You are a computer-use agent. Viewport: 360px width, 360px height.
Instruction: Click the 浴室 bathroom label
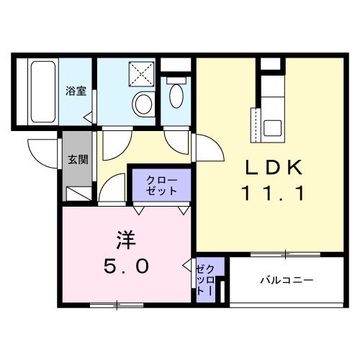[x=76, y=91]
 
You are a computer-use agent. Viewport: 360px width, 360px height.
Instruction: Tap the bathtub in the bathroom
[x=43, y=92]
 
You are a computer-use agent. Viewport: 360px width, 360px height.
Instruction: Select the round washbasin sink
[x=143, y=104]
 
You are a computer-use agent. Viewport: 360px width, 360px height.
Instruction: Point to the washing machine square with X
[x=142, y=73]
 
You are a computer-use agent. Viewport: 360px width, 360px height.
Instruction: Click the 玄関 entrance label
[x=78, y=159]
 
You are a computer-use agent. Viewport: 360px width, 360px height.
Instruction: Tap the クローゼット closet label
[x=161, y=185]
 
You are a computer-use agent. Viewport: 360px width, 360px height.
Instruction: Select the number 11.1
[x=276, y=193]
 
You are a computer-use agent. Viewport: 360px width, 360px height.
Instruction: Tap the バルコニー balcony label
[x=286, y=280]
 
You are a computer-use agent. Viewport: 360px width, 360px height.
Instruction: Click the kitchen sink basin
[x=274, y=127]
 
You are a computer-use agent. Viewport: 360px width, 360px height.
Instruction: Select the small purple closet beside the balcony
[x=204, y=279]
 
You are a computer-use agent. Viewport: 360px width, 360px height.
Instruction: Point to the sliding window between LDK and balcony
[x=285, y=253]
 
